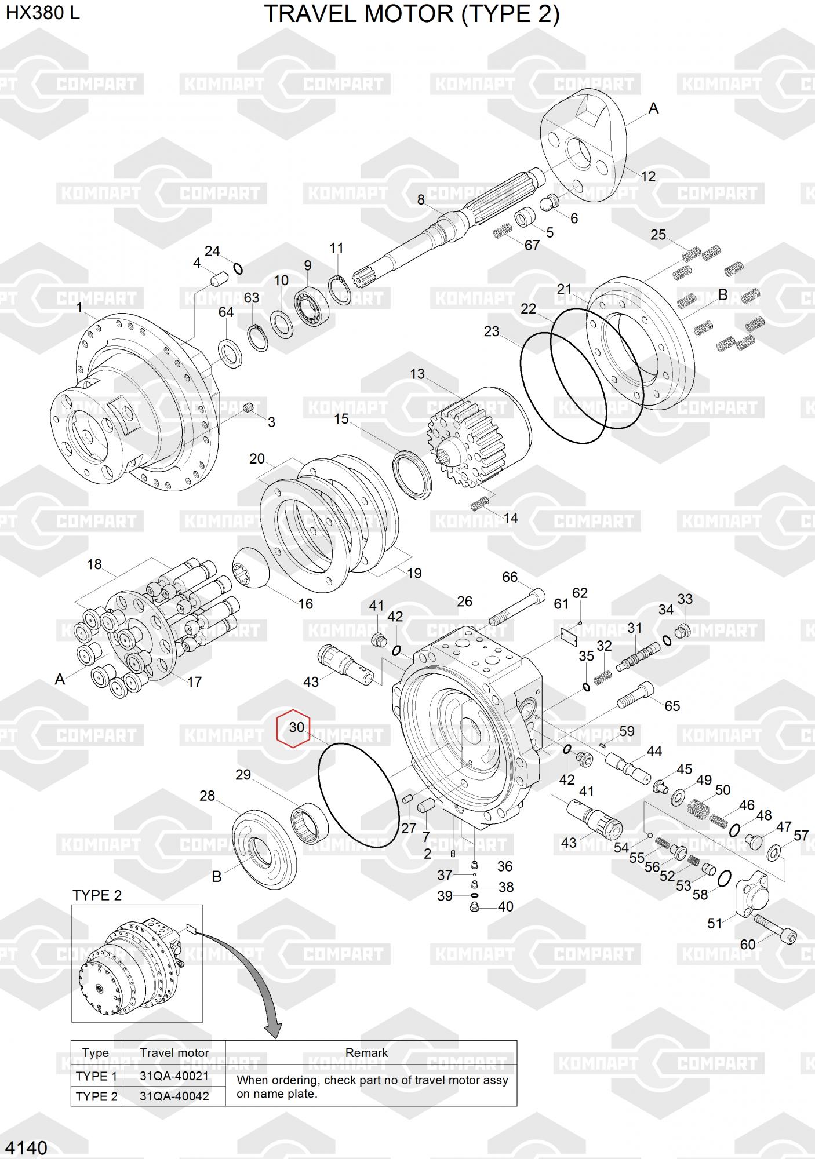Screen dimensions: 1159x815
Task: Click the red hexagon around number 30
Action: (x=294, y=728)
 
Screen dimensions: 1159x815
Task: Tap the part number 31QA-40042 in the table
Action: (x=174, y=1096)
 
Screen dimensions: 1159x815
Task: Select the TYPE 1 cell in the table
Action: (x=96, y=1077)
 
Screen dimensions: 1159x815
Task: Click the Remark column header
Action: (x=366, y=1052)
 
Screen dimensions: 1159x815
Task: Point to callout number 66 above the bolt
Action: (x=510, y=577)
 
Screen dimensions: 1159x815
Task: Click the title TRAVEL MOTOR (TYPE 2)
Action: (x=412, y=14)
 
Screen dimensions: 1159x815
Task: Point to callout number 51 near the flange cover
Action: (x=715, y=923)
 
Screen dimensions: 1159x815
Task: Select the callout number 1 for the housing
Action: (x=80, y=308)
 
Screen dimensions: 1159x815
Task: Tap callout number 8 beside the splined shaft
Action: (x=421, y=200)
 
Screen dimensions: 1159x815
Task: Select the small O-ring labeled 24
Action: (x=238, y=268)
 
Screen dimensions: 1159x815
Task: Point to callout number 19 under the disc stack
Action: (x=414, y=574)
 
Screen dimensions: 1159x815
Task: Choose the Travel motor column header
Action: (x=174, y=1052)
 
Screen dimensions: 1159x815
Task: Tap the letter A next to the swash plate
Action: (x=653, y=108)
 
